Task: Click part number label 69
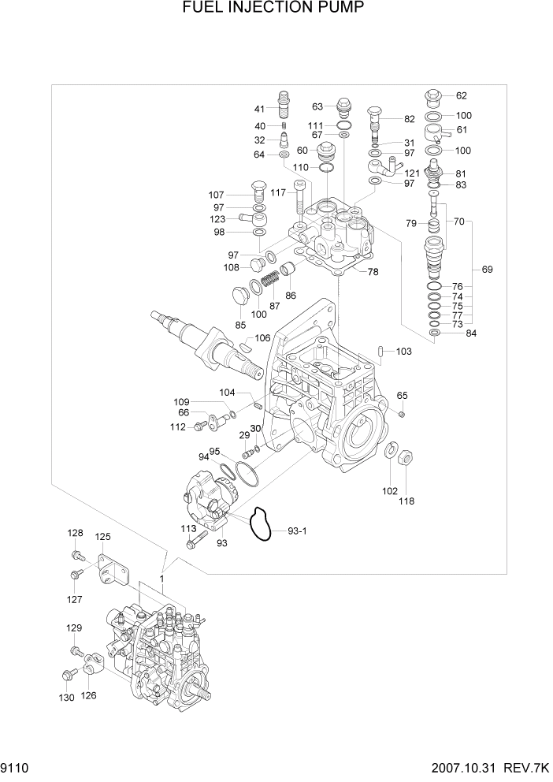(487, 270)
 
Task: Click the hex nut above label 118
(403, 457)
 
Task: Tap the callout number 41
(259, 109)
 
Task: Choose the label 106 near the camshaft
(262, 338)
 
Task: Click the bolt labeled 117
(299, 197)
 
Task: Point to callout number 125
(102, 536)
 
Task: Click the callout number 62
(461, 96)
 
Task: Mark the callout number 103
(403, 351)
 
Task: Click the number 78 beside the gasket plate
(373, 272)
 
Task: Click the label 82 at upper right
(409, 119)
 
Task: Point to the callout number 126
(89, 696)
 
